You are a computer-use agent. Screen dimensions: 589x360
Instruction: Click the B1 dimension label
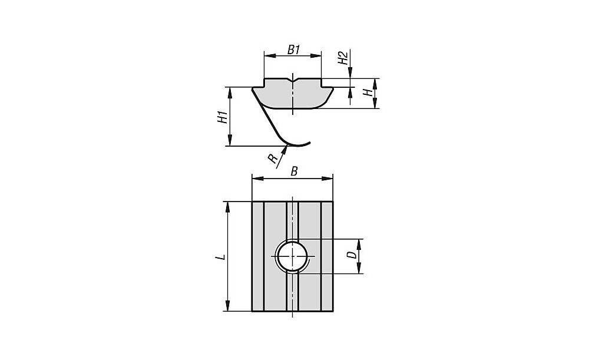pos(294,49)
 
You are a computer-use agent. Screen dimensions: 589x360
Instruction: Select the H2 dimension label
pos(343,58)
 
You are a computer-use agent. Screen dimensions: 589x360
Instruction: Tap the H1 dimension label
pos(223,117)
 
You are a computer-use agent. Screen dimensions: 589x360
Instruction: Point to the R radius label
pos(273,159)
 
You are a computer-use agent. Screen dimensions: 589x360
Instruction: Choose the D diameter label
pos(352,255)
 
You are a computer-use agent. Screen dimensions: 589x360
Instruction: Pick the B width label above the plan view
pos(294,171)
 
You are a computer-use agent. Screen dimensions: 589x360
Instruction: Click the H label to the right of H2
pos(370,93)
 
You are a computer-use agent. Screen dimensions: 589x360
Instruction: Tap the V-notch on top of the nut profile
pos(293,81)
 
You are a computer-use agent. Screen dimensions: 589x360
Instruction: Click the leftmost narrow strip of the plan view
pos(258,257)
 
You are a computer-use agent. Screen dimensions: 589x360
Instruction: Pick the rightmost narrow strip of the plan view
pos(327,257)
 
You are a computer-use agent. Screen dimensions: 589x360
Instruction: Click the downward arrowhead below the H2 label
pos(350,72)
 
